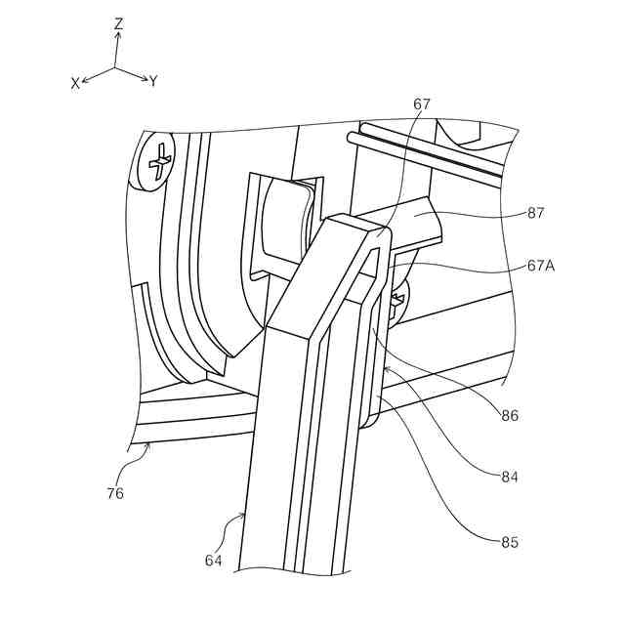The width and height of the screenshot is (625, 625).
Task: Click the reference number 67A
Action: (x=542, y=264)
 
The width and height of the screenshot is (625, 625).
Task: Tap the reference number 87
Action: (x=534, y=213)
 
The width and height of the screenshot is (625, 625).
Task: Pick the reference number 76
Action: (x=116, y=493)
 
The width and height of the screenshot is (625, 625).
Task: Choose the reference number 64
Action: (x=214, y=560)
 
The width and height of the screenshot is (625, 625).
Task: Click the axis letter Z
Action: (x=118, y=22)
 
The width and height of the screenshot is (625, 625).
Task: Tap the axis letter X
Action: (x=75, y=84)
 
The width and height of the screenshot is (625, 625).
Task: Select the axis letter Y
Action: (x=153, y=82)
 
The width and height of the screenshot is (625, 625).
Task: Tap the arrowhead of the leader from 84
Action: (x=385, y=367)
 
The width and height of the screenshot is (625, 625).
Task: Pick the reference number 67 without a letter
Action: (x=421, y=104)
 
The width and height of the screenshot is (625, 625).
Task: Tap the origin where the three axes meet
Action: (x=115, y=67)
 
